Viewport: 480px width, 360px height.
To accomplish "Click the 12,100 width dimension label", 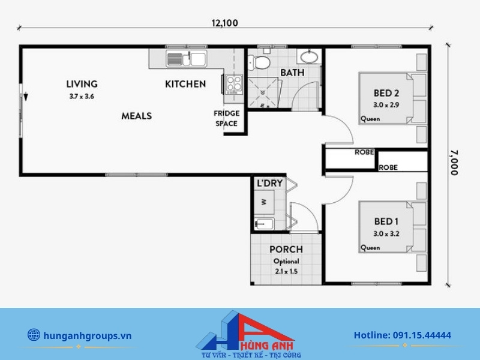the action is coord(224,23).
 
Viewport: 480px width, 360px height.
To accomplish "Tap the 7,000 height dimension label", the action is coord(454,163).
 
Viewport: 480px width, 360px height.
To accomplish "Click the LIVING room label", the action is coord(82,84).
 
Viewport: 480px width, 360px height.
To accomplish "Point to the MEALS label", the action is coord(137,116).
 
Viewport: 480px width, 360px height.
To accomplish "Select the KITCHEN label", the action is coord(185,84).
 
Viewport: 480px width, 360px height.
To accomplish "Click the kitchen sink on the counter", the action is coord(186,58).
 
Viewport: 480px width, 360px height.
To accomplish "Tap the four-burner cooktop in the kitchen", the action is coord(234,84).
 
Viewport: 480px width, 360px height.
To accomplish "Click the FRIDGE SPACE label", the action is coord(227,118).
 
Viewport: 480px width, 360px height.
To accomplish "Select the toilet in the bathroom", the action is coord(259,62).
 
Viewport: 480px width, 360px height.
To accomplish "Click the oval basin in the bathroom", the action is coord(309,57).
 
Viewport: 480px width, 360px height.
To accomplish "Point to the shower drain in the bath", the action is coord(262,92).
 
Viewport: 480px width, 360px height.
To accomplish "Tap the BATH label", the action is coord(292,73).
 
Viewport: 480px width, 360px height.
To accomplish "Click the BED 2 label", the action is coord(386,93).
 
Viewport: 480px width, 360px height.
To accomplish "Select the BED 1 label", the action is coord(386,221).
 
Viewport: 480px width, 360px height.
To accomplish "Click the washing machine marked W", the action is coord(264,202).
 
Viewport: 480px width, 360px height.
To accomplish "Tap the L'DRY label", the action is coord(269,184).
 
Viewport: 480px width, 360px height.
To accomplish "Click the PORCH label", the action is coord(286,250).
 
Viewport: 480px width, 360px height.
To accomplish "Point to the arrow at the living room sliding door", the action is coord(26,97).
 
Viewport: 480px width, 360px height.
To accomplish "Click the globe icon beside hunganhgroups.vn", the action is coord(34,335).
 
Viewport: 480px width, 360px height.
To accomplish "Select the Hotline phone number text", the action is coord(403,335).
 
